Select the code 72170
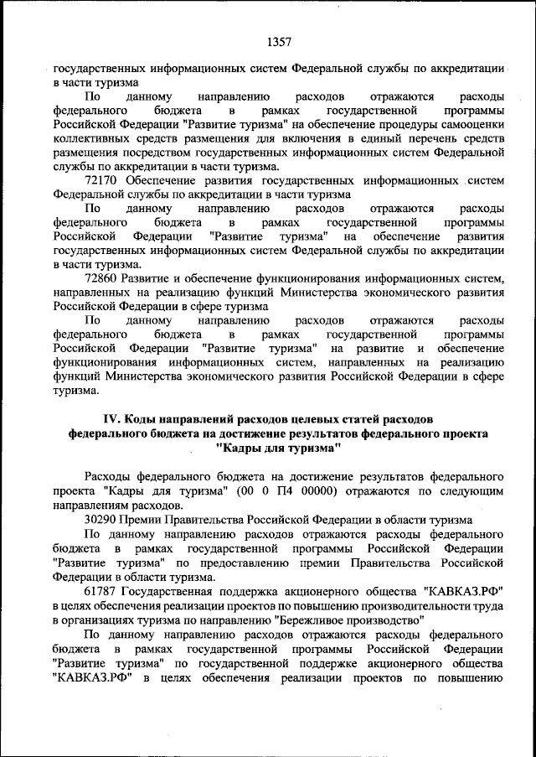point(101,179)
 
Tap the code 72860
point(101,277)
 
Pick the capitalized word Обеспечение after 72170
point(159,179)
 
